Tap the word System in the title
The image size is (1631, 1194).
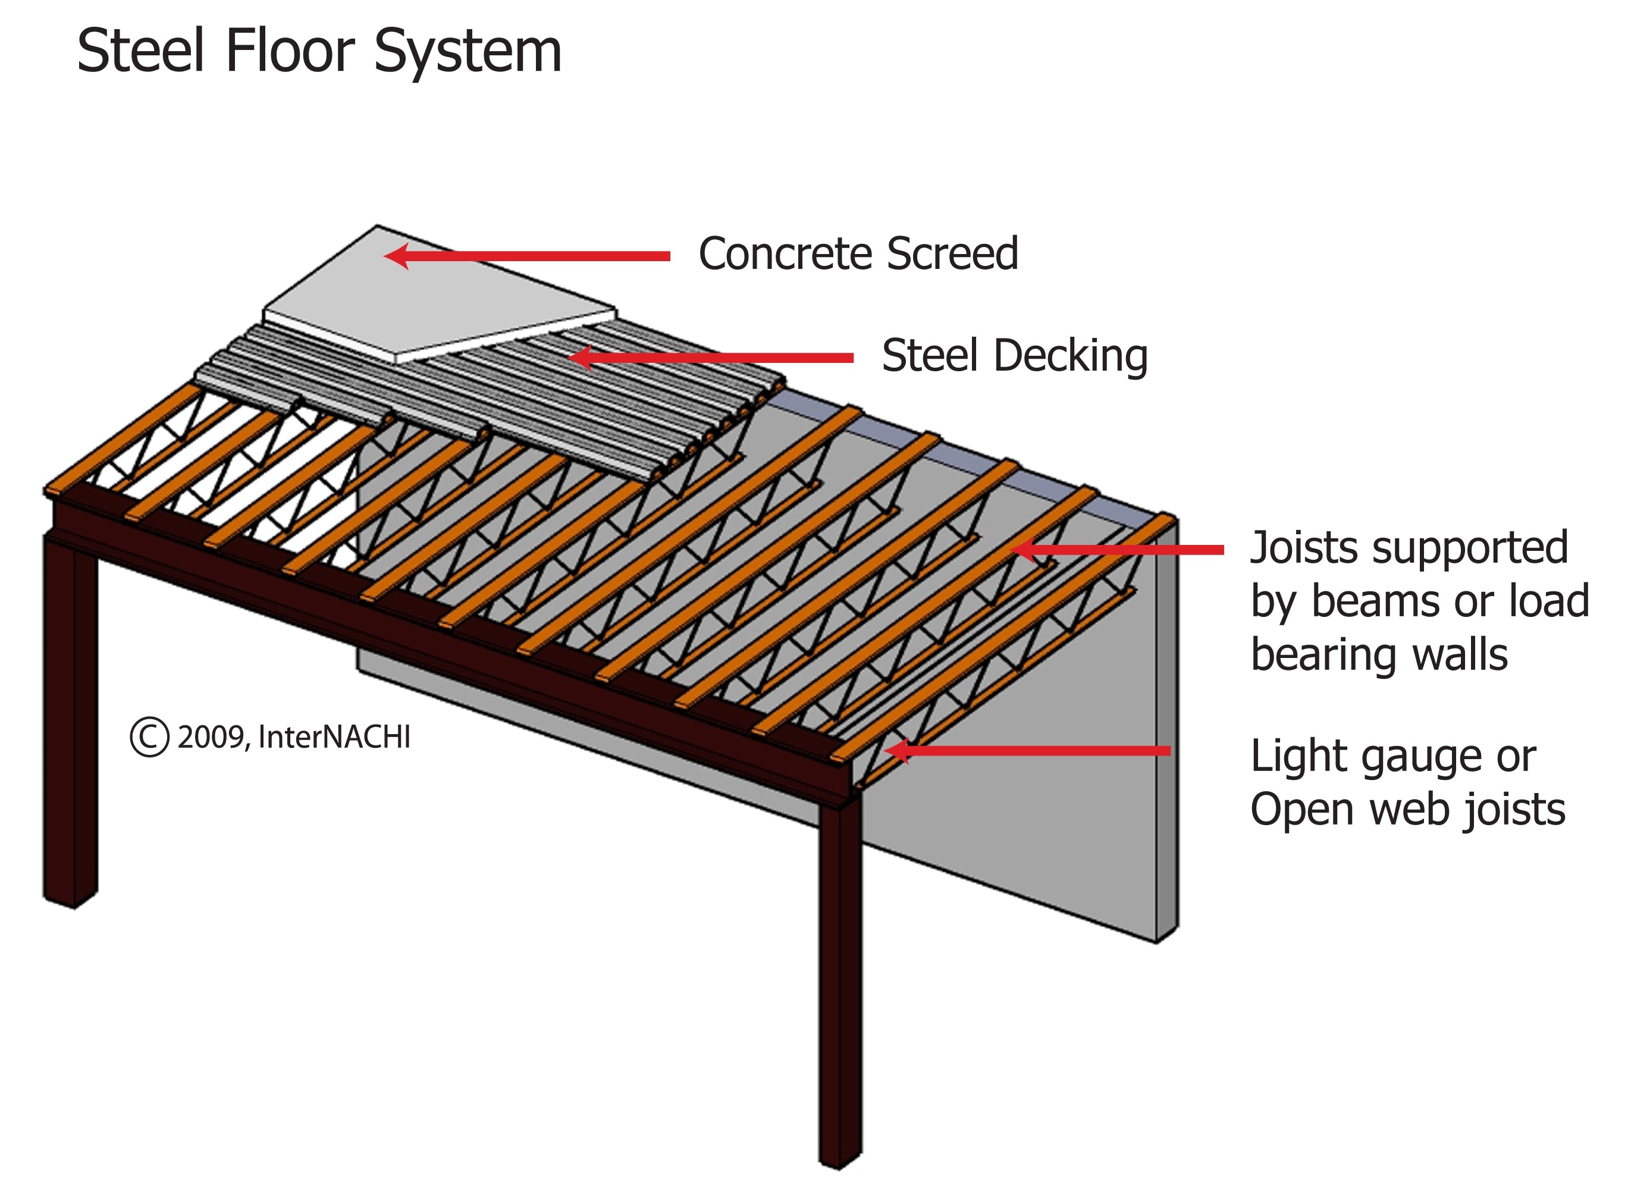[x=468, y=52]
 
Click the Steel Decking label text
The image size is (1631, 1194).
[x=1014, y=356]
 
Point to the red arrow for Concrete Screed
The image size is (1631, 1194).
[x=528, y=256]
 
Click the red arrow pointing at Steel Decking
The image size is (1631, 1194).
[x=712, y=358]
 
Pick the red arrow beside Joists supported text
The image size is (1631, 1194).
[x=1120, y=550]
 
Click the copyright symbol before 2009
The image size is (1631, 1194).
[x=149, y=737]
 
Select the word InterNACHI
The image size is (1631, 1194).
[x=334, y=737]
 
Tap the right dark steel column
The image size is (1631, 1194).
[x=840, y=976]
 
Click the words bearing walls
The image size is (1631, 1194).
[x=1379, y=655]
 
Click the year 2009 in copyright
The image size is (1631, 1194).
[x=212, y=737]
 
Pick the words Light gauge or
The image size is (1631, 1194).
[x=1392, y=756]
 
